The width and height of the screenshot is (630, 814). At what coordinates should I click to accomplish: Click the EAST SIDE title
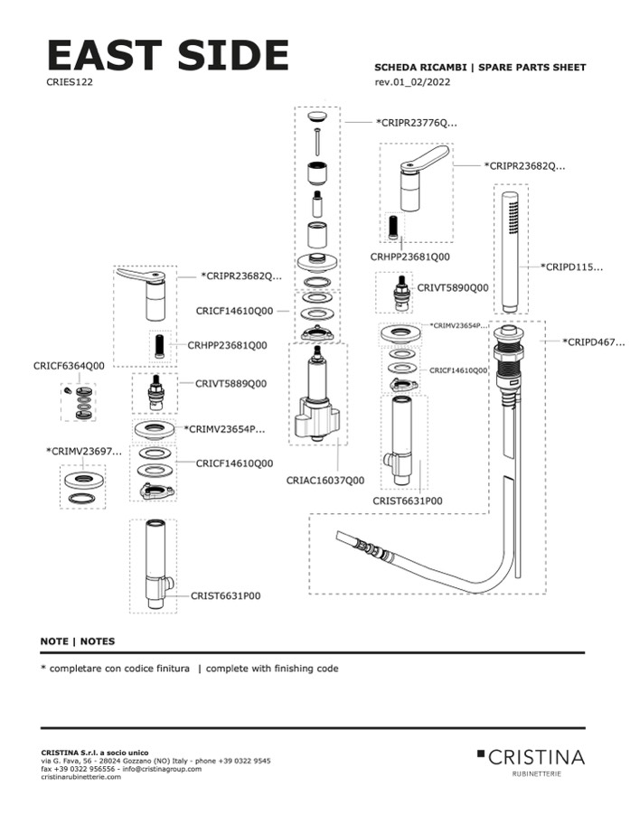(167, 56)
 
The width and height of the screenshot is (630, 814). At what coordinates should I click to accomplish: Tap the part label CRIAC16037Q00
(325, 480)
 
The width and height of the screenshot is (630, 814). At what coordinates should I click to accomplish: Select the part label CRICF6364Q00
(69, 365)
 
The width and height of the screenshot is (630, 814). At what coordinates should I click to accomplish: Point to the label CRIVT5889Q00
(231, 383)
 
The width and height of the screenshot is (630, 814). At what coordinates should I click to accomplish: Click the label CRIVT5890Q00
(452, 287)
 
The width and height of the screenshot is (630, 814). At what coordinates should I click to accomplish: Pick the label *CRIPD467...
(593, 342)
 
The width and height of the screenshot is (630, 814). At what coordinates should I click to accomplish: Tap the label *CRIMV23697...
(84, 450)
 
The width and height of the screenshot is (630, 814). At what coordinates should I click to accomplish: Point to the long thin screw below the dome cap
(316, 143)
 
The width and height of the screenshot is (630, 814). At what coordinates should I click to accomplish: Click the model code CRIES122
(69, 81)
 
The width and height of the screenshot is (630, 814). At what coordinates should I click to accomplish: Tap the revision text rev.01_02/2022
(412, 83)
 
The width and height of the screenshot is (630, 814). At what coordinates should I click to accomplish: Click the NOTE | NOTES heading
(78, 641)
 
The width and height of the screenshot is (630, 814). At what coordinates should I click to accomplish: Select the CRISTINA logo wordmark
(535, 756)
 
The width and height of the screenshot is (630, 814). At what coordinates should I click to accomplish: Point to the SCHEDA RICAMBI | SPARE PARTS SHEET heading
(480, 68)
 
